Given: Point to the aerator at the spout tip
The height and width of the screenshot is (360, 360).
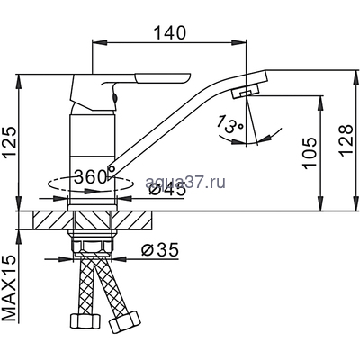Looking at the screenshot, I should click(244, 94).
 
